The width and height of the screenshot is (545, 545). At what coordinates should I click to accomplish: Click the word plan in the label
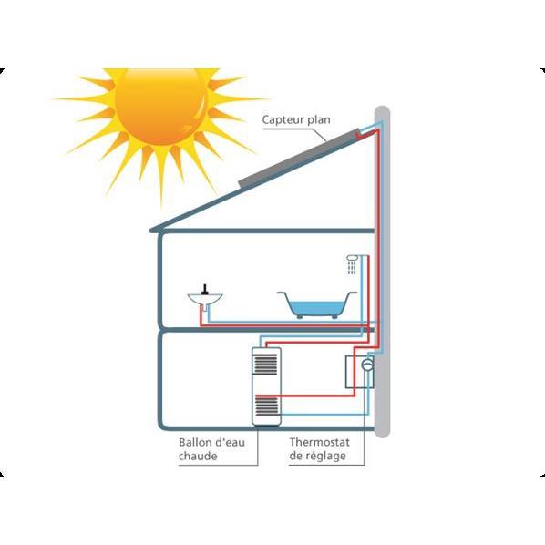coord(319,120)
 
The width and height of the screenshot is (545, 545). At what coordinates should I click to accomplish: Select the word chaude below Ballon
coord(198,456)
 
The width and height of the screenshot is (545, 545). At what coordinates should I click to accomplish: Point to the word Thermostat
coord(319,442)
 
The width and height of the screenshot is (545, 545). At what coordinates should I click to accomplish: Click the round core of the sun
coord(161,106)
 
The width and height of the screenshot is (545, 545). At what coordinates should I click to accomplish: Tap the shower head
coord(352,258)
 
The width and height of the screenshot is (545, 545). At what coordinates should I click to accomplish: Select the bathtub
coord(317,304)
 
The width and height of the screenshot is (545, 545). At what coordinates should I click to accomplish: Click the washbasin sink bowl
coord(205,299)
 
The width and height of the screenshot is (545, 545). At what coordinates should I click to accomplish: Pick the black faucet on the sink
coord(205,290)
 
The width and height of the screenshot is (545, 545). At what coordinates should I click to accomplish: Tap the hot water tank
coord(267,386)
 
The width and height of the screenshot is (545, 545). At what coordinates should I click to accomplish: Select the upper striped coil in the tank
coord(267,365)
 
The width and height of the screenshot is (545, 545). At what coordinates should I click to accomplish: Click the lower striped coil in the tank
coord(267,406)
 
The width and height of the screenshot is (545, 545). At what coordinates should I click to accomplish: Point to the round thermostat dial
coord(367,365)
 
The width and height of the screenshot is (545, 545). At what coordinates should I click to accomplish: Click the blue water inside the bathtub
coord(316,308)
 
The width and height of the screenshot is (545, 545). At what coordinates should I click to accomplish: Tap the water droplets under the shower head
coord(352,268)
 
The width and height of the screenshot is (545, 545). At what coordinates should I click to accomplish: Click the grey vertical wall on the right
coord(383,272)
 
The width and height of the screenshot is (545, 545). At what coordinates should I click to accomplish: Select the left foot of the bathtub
coord(299,316)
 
